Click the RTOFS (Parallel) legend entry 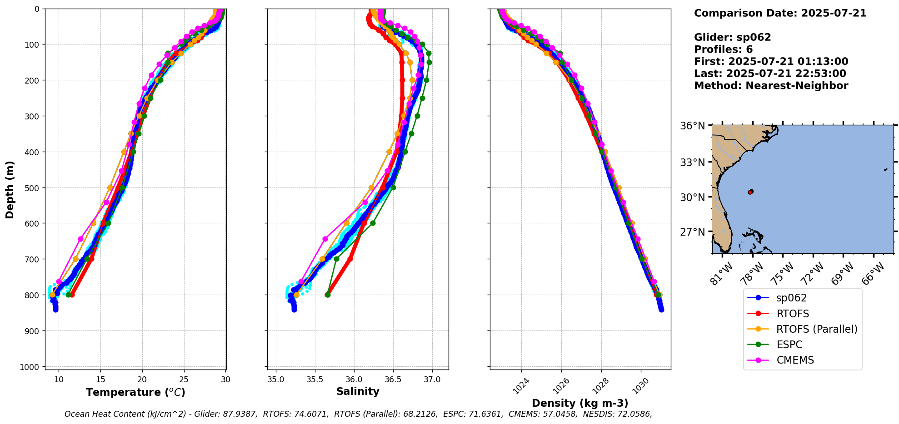817,329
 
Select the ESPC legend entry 789,345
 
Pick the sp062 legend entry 791,298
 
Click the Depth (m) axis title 10,189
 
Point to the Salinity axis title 358,392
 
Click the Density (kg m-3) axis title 580,403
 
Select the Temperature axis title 135,392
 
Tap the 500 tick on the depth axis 33,187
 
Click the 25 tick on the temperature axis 184,380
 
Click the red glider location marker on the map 750,192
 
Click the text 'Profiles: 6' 723,49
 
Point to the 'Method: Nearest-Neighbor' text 771,86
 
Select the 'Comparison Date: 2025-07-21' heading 780,13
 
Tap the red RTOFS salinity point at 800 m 328,295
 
